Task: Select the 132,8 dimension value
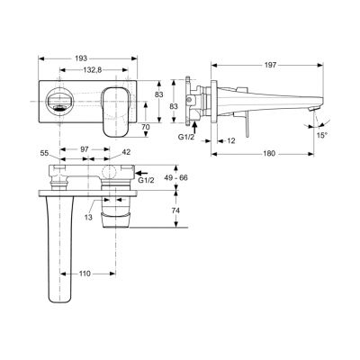(x=89, y=69)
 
